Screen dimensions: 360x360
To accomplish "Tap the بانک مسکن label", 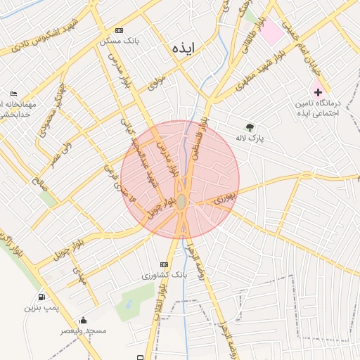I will [120, 41].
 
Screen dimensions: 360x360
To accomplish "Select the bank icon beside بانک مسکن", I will [119, 31].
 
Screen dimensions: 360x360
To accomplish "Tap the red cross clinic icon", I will [318, 92].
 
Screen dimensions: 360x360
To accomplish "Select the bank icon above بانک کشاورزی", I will [165, 264].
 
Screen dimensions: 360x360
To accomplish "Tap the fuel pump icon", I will [42, 297].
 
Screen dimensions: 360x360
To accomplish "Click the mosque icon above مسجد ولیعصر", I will [83, 320].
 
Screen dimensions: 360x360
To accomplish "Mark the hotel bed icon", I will [14, 94].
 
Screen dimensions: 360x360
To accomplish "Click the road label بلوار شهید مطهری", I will [255, 77].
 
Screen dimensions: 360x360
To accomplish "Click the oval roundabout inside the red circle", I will [181, 202].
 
